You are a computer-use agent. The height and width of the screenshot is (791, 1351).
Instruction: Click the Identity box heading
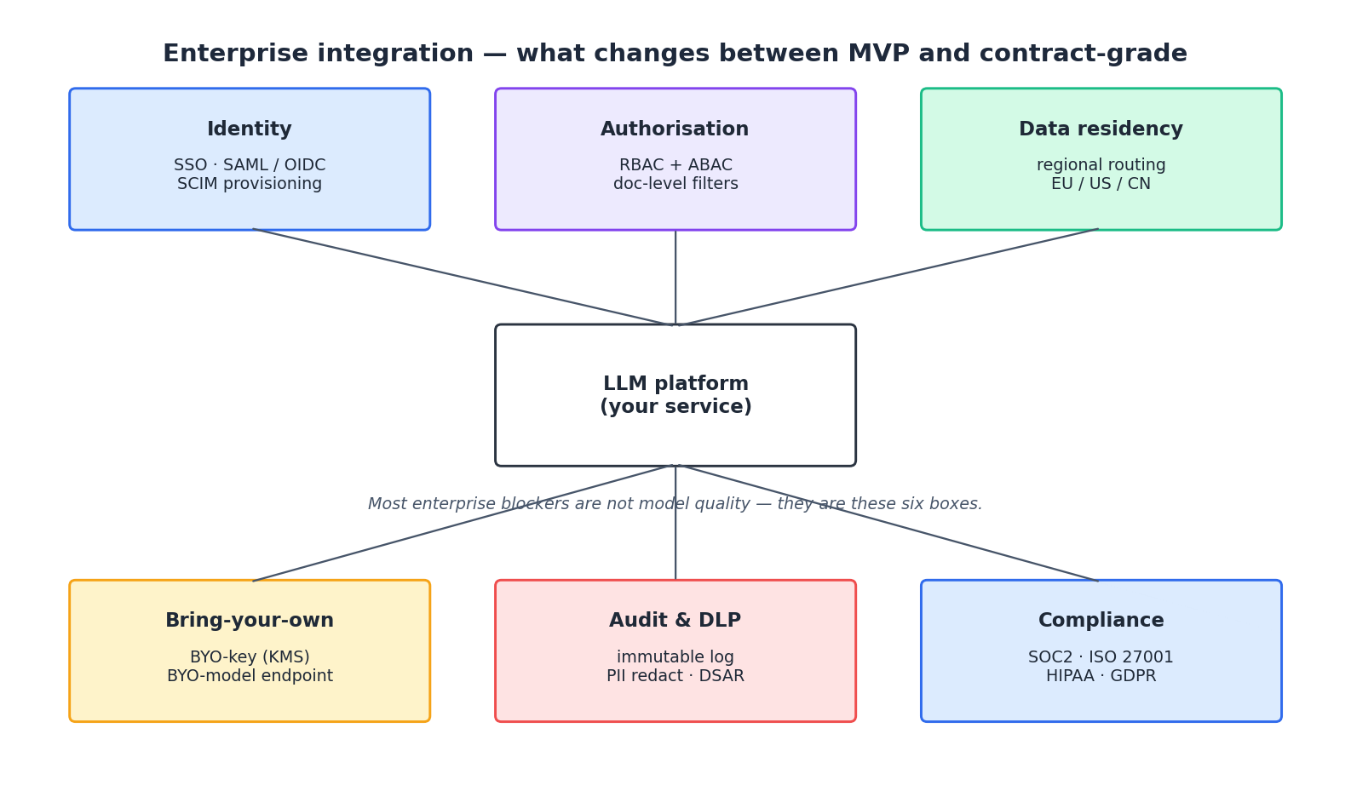pyautogui.click(x=250, y=129)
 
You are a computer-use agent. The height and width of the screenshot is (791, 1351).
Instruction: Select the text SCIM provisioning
pyautogui.click(x=250, y=184)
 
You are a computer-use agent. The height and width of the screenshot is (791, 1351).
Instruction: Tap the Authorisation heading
pyautogui.click(x=675, y=129)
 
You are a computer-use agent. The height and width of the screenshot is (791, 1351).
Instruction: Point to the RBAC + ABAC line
pyautogui.click(x=675, y=165)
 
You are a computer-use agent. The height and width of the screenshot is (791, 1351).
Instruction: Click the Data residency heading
pyautogui.click(x=1101, y=129)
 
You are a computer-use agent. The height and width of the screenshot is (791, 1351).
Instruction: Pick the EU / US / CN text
pyautogui.click(x=1101, y=184)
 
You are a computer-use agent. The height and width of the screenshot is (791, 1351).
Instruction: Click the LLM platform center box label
pyautogui.click(x=675, y=395)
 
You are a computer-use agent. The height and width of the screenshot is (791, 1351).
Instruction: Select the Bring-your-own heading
pyautogui.click(x=250, y=621)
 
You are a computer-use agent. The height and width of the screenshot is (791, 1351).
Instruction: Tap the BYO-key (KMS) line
pyautogui.click(x=250, y=657)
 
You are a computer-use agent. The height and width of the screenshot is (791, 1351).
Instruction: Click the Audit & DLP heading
pyautogui.click(x=675, y=621)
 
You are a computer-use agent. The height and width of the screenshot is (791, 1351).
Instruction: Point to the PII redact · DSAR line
pyautogui.click(x=675, y=676)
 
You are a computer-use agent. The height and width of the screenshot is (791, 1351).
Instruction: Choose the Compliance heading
pyautogui.click(x=1101, y=621)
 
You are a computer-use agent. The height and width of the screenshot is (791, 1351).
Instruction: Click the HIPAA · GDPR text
pyautogui.click(x=1101, y=676)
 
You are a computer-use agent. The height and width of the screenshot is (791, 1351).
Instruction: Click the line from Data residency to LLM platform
pyautogui.click(x=890, y=277)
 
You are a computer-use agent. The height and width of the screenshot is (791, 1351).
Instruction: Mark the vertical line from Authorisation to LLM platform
pyautogui.click(x=675, y=277)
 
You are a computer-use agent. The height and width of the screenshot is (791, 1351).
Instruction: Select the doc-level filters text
pyautogui.click(x=675, y=184)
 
